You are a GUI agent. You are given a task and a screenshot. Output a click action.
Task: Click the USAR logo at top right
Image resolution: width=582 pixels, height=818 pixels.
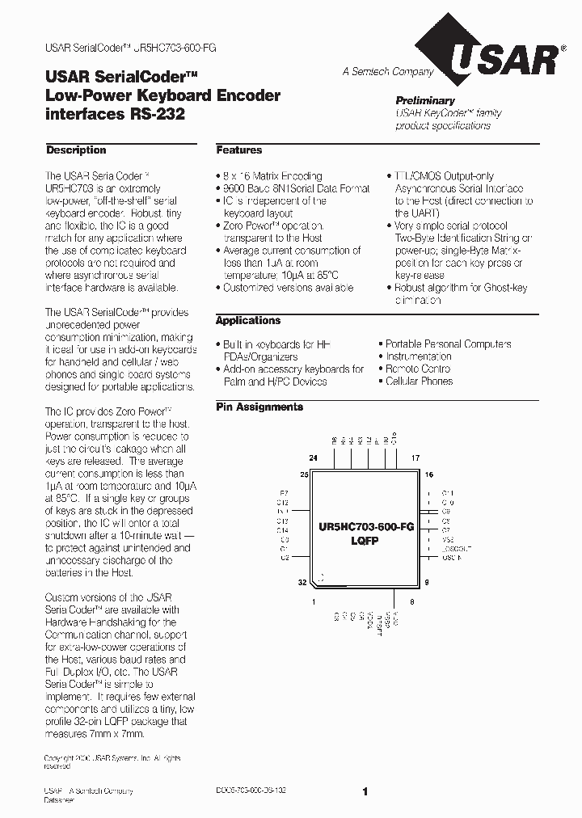pyautogui.click(x=502, y=59)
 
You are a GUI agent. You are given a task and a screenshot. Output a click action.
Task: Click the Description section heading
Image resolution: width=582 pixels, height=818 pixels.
pyautogui.click(x=76, y=150)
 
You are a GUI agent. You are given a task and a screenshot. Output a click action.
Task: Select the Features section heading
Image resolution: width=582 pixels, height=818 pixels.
pyautogui.click(x=239, y=150)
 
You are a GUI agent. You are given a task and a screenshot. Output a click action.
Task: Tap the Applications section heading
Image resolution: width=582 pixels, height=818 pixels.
pyautogui.click(x=248, y=321)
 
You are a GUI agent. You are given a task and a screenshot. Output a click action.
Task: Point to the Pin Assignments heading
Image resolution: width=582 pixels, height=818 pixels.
pyautogui.click(x=259, y=407)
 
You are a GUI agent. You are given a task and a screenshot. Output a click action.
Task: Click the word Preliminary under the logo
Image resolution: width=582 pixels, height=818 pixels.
pyautogui.click(x=425, y=100)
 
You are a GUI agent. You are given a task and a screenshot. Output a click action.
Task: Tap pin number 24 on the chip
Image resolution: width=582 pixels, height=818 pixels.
pyautogui.click(x=313, y=458)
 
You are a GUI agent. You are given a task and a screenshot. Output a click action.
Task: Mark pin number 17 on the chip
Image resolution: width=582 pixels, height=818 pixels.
pyautogui.click(x=415, y=458)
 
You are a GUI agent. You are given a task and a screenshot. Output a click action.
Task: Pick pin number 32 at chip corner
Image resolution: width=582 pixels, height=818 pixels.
pyautogui.click(x=302, y=582)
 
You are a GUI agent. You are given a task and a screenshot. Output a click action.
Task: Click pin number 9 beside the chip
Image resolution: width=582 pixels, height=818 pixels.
pyautogui.click(x=426, y=582)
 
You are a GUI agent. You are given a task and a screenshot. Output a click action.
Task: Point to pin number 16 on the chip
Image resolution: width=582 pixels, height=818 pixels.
pyautogui.click(x=428, y=474)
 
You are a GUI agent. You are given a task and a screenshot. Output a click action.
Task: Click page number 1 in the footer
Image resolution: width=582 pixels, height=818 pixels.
pyautogui.click(x=365, y=792)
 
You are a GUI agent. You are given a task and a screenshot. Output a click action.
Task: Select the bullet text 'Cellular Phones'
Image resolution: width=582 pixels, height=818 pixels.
pyautogui.click(x=419, y=382)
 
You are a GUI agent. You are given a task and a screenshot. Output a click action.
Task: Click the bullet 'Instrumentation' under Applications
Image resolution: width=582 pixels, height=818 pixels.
pyautogui.click(x=418, y=356)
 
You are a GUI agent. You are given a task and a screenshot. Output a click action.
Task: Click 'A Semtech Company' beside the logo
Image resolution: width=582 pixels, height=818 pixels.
pyautogui.click(x=387, y=72)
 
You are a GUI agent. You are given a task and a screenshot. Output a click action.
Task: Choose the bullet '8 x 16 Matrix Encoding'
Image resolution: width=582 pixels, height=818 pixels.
pyautogui.click(x=272, y=176)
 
